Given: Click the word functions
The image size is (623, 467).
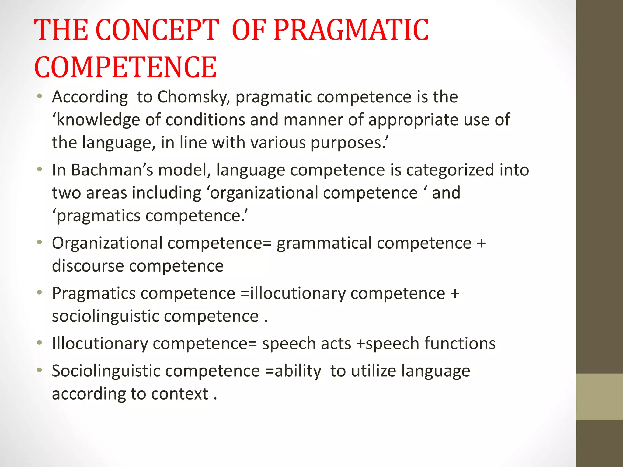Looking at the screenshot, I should pos(460,344).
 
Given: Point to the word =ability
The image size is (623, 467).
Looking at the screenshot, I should pos(293,371).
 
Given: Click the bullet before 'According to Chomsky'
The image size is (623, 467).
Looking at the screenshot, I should pos(39,97).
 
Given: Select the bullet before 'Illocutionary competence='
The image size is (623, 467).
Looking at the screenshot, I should pos(39,343).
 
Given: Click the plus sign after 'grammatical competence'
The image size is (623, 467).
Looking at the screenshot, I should pos(481,243).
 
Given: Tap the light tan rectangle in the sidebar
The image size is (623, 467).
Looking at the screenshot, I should pos(599,397).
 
